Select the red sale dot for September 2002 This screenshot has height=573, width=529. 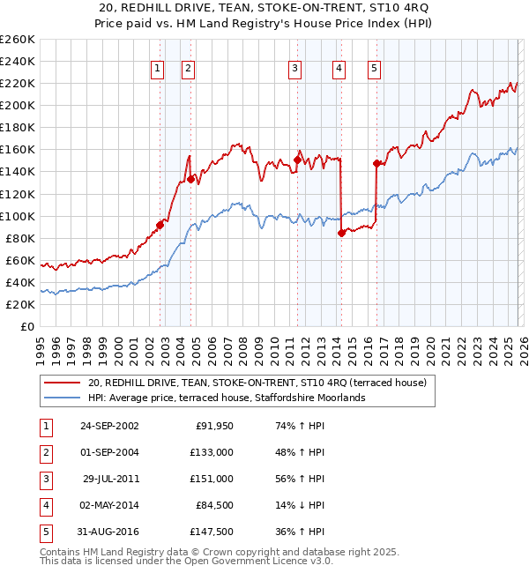[x=160, y=225]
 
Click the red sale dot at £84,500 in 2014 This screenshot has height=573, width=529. [x=341, y=233]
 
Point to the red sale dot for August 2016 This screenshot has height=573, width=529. [x=376, y=163]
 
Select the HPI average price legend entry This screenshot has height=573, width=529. [x=225, y=398]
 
